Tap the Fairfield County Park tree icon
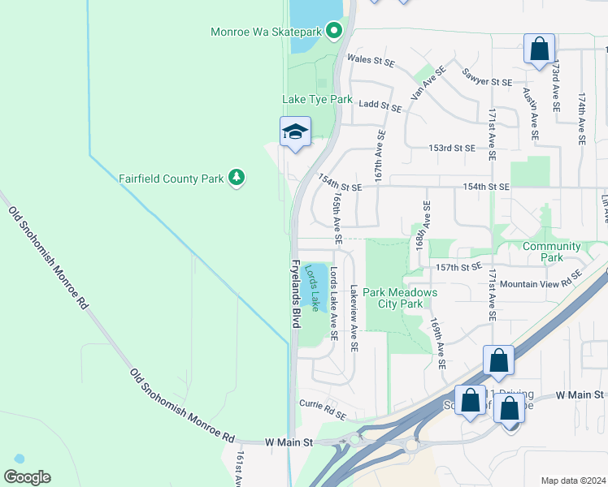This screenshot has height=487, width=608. point(237,178)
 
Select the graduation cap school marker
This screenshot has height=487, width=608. point(295,132)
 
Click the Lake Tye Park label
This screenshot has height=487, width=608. point(317,99)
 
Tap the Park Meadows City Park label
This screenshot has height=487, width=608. point(400,298)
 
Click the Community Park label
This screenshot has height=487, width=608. point(552,252)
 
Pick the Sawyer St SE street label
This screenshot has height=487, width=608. point(487,82)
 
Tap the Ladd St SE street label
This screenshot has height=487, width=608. point(380,106)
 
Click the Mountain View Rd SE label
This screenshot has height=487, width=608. point(541,278)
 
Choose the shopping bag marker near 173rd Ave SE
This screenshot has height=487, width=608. point(539,49)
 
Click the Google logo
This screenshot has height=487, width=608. point(27,476)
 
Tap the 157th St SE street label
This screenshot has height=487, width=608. point(459,266)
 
